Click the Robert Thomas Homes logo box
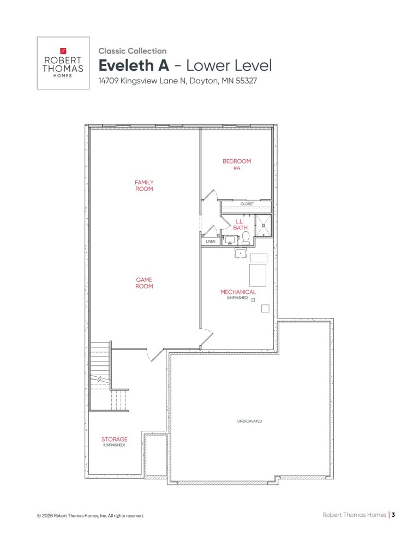pos(63,63)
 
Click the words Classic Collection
pos(133,51)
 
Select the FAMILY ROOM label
pos(144,185)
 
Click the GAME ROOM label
pos(144,282)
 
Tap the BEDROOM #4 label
pos(236,164)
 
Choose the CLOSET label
pos(247,204)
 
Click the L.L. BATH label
pos(240,224)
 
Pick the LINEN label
pos(211,241)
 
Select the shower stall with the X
pos(264,225)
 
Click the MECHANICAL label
pos(238,292)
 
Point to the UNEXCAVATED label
pos(250,421)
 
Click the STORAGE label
pos(115,439)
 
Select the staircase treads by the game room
pos(100,363)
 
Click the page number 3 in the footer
pos(393,514)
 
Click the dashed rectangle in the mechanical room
pos(259,258)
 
